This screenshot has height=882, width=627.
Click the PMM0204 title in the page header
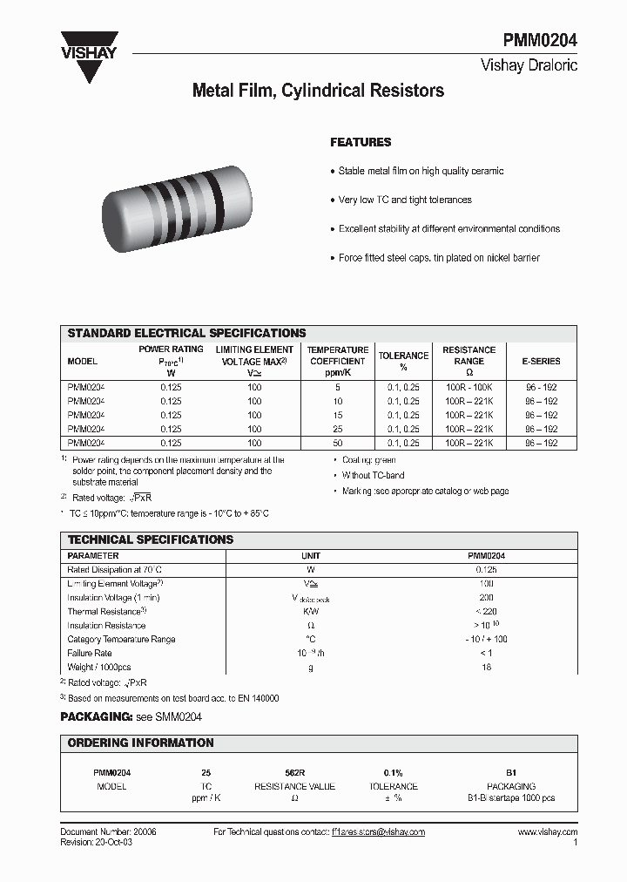539,41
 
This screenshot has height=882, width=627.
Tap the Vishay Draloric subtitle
529,65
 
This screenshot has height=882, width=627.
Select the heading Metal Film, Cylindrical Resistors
317,91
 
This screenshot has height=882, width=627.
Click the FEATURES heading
361,142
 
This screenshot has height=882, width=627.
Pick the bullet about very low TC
405,200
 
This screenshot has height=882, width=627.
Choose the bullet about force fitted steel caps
439,258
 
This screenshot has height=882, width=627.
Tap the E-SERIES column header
541,361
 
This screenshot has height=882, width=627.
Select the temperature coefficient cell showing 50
338,444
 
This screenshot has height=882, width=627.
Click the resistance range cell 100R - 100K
469,386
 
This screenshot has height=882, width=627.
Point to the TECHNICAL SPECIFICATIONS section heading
151,539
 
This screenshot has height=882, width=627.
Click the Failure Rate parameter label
90,653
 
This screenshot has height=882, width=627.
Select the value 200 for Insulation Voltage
486,598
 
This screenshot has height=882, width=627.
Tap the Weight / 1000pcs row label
98,667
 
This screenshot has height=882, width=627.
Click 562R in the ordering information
294,773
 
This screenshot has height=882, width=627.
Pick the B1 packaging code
511,773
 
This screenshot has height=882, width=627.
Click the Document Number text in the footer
108,832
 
